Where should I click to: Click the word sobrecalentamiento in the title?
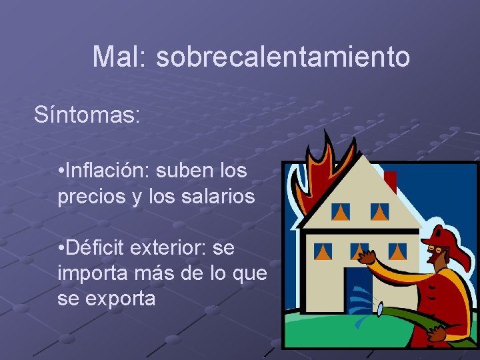pyautogui.click(x=283, y=57)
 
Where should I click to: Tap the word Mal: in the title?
pyautogui.click(x=121, y=57)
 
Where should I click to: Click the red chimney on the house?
pyautogui.click(x=391, y=181)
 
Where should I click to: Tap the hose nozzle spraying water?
pyautogui.click(x=379, y=309)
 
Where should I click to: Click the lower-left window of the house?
pyautogui.click(x=323, y=251)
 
